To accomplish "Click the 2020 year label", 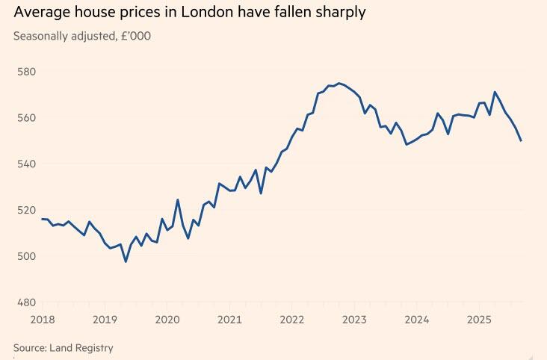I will (168, 320).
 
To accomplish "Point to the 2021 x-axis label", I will (230, 320).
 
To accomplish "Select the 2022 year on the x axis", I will (292, 320).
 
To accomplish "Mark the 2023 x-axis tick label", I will (355, 320).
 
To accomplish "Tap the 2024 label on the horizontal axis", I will (417, 320).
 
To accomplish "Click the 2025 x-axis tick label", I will (479, 320).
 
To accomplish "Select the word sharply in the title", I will (339, 13).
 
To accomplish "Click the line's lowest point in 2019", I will (126, 261).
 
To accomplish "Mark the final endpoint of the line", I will (521, 140).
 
